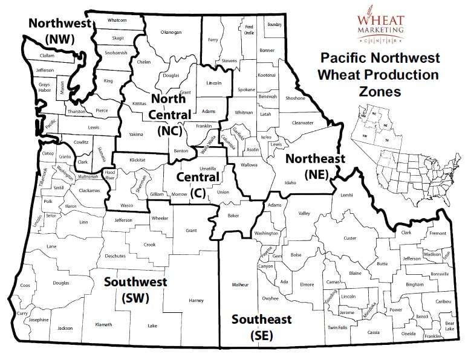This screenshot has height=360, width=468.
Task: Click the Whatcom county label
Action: pyautogui.click(x=117, y=20)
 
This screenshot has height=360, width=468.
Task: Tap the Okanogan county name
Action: pyautogui.click(x=171, y=31)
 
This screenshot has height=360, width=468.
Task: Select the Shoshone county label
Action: pyautogui.click(x=295, y=98)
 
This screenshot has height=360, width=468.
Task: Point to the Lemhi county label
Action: pyautogui.click(x=346, y=195)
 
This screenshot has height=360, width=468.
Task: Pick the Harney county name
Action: pyautogui.click(x=196, y=300)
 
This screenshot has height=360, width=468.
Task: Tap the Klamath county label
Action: pyautogui.click(x=104, y=324)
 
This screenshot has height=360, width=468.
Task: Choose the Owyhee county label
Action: pyautogui.click(x=270, y=298)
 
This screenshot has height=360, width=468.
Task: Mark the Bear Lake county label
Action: pyautogui.click(x=450, y=326)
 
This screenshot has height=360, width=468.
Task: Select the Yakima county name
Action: pyautogui.click(x=136, y=134)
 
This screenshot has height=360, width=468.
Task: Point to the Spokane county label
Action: pyautogui.click(x=246, y=89)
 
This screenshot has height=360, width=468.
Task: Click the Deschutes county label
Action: pyautogui.click(x=115, y=256)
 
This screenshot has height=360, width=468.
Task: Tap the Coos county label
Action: pyautogui.click(x=25, y=285)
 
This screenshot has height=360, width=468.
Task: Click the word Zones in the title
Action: pyautogui.click(x=379, y=92)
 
